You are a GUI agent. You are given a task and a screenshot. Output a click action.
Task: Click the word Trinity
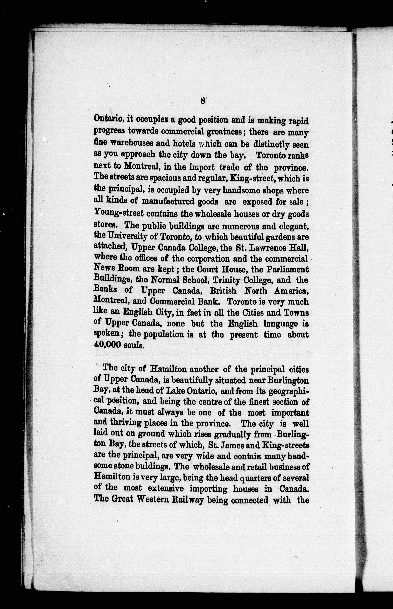(223, 280)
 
